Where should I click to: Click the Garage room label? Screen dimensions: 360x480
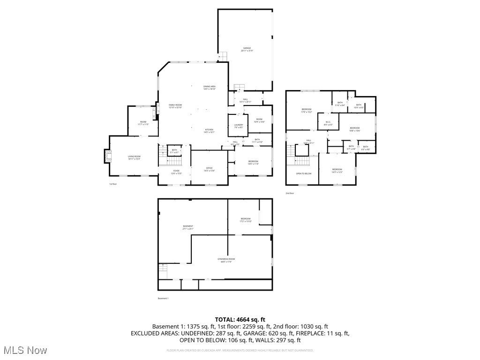coord(247,49)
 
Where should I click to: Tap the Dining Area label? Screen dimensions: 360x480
coord(210,88)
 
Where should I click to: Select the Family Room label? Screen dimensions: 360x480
coord(175,106)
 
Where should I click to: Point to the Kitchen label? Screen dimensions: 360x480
coord(209,131)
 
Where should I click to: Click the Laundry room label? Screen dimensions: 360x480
coord(239,126)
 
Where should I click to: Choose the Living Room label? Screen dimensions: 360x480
coord(135,157)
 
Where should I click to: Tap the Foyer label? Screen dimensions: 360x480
coord(176,172)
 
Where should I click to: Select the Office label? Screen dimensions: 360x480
coord(210,169)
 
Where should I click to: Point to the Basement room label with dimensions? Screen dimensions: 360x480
coord(188,227)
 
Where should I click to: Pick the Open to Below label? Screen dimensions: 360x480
coord(303,174)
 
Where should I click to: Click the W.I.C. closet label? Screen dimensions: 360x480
coord(329,124)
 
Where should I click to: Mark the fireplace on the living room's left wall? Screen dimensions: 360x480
coord(107,156)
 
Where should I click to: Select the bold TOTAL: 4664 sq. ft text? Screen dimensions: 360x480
coord(240,319)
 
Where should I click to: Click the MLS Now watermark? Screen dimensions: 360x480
coord(24,350)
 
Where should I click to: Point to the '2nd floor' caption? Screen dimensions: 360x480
coord(290,193)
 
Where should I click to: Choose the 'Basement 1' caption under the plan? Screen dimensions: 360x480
coord(163,299)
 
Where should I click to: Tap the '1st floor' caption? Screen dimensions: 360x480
coord(112,184)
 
